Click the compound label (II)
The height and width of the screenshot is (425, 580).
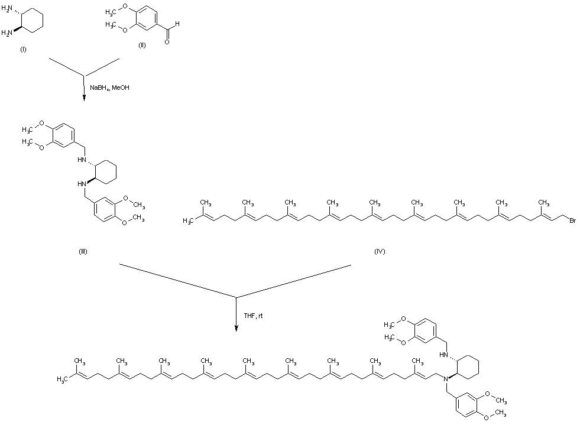(x=142, y=46)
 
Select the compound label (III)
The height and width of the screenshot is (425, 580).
(x=83, y=251)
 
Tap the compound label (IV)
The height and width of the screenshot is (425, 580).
(x=380, y=251)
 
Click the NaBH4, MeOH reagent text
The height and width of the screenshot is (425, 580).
(x=109, y=88)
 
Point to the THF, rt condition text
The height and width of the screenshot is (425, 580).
(x=253, y=316)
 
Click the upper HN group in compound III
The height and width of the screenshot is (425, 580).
(x=84, y=159)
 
